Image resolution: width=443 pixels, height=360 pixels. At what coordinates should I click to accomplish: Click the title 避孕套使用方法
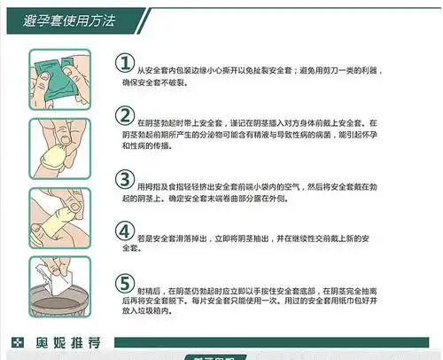click(x=54, y=17)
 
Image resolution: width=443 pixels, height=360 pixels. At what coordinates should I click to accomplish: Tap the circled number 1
click(x=125, y=62)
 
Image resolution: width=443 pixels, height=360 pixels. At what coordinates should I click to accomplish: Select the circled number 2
click(x=125, y=117)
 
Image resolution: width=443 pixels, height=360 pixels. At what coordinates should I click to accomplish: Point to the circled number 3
click(x=125, y=178)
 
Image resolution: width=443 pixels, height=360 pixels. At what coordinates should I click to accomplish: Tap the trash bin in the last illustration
click(x=57, y=306)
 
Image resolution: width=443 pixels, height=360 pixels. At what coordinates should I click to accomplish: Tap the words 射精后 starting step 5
click(x=147, y=289)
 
